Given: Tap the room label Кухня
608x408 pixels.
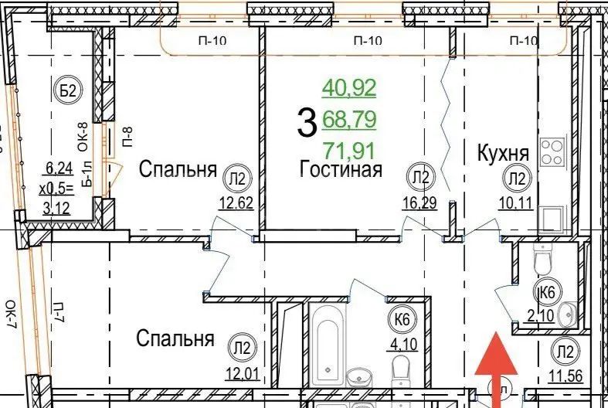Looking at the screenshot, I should click(502, 154).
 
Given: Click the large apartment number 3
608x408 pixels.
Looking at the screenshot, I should click(306, 121).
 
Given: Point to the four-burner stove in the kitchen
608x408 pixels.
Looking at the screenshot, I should click(553, 151).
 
